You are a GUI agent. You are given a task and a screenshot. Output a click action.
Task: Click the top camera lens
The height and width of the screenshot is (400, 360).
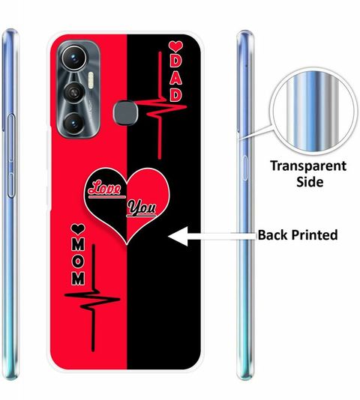73,58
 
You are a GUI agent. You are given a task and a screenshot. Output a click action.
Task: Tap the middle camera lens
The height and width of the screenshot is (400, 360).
73,92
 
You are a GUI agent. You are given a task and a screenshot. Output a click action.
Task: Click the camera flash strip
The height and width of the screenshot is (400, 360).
91,80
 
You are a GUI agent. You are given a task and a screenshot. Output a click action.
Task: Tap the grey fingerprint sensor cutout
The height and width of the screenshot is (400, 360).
125,112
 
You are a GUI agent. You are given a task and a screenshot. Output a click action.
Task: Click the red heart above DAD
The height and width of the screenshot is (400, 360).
175,46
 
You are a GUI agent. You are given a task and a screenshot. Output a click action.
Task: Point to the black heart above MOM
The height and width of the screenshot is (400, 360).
78,229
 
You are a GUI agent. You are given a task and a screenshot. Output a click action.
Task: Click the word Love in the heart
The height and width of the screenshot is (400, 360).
105,189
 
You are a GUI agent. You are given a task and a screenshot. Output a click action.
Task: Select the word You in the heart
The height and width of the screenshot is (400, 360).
142,207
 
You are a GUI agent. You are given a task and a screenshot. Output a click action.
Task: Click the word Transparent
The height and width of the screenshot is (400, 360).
308,166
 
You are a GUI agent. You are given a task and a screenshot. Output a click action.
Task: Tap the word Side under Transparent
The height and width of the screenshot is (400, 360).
310,182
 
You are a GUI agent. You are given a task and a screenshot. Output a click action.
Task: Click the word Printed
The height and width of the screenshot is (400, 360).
314,235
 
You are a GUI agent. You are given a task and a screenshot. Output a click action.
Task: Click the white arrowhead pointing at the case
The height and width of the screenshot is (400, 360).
178,236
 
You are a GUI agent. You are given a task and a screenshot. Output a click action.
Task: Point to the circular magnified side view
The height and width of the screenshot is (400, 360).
313,111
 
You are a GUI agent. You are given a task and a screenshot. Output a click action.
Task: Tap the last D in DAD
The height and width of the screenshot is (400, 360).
175,95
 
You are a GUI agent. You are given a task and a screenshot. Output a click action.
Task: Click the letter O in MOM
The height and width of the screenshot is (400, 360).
78,261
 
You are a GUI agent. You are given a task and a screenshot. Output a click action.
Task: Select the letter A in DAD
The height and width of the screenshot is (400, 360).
175,79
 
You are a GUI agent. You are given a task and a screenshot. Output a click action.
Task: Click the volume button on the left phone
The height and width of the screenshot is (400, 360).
11,156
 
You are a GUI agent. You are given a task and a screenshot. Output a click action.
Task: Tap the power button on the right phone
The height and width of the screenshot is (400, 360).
244,168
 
